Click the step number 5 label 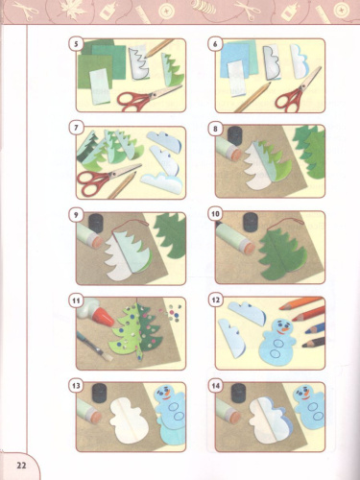pos(76,43)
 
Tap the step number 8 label pos(215,129)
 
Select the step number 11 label pos(76,300)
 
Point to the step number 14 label pos(215,386)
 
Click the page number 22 pos(21,465)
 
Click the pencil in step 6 pos(252,97)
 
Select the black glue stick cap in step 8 pos(235,135)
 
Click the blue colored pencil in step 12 pos(314,328)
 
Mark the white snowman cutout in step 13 pos(130,420)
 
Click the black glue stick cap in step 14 pos(238,394)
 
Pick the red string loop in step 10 pos(287,221)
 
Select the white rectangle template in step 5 pos(100,87)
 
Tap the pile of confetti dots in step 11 pos(175,313)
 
